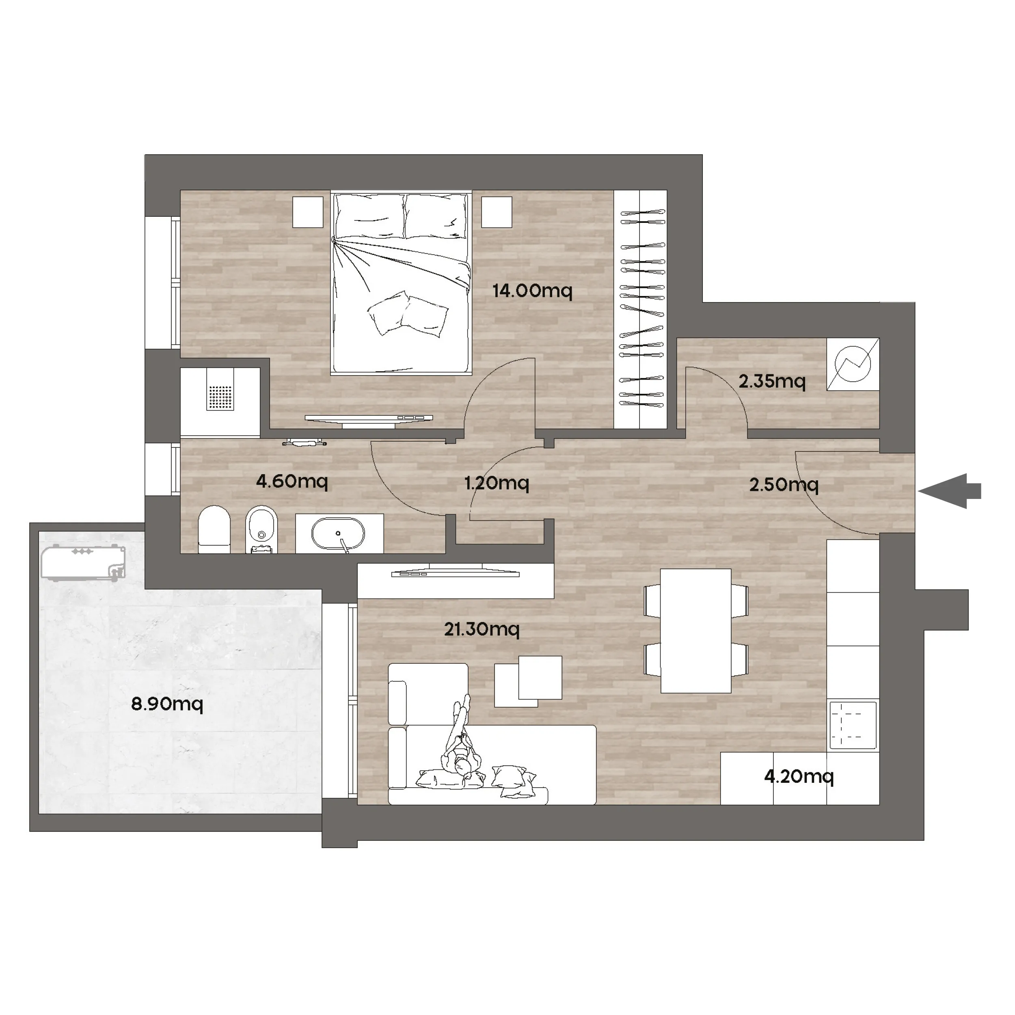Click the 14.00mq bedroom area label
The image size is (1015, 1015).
[x=532, y=291]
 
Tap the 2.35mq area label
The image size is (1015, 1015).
[x=772, y=381]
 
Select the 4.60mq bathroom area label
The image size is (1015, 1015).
[x=292, y=481]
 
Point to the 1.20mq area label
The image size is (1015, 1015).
[x=497, y=483]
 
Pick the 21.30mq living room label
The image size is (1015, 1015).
[x=482, y=629]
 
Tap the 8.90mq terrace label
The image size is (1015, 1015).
[x=167, y=704]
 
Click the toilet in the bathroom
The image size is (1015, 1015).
[x=214, y=529]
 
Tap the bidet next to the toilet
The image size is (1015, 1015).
[x=261, y=529]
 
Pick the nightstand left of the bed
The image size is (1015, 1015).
[x=307, y=212]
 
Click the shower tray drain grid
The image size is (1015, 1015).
[x=220, y=398]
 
